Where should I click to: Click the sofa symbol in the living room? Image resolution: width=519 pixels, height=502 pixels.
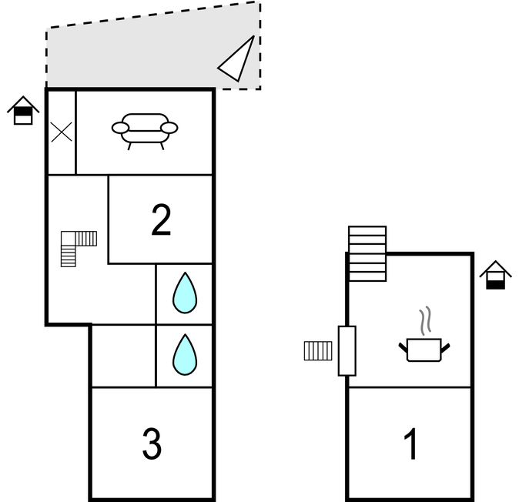(145, 129)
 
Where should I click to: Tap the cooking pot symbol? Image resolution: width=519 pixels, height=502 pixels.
(424, 350)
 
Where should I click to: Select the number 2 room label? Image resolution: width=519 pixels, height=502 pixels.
(161, 220)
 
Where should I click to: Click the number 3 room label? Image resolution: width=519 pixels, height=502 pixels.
(152, 443)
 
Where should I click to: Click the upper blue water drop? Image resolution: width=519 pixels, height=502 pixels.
(185, 293)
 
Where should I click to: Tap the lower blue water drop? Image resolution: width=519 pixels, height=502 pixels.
(185, 354)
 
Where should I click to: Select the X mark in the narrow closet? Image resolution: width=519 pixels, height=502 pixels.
(62, 132)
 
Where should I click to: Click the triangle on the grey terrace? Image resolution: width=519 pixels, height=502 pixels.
(237, 60)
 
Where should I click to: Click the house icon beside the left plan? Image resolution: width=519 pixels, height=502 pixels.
(24, 111)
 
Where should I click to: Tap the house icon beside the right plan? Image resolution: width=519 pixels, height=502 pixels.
(496, 276)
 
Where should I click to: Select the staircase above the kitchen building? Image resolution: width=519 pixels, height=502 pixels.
(367, 253)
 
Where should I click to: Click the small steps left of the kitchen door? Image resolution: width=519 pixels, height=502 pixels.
(317, 351)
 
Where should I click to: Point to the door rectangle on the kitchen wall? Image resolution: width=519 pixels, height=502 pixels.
(347, 350)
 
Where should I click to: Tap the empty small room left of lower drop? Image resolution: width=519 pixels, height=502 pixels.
(123, 355)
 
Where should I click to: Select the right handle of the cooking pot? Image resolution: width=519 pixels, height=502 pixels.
(445, 348)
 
